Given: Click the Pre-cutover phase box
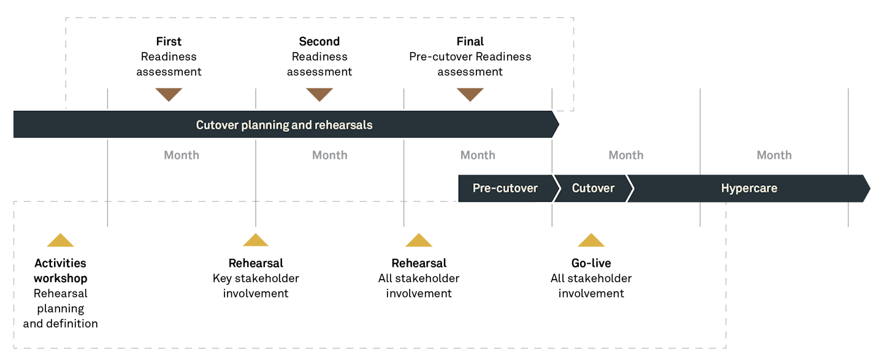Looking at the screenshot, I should point(505,188).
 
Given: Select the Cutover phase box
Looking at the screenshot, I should point(593,188).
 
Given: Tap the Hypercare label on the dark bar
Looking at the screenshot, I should point(749,188).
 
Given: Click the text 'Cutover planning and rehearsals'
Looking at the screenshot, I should point(284,125).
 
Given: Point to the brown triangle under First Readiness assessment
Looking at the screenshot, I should point(169,94).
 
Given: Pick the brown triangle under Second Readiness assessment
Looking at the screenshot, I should point(319,94).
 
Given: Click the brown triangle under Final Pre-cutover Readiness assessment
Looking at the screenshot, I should point(470,94).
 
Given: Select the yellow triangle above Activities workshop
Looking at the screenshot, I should point(60,241).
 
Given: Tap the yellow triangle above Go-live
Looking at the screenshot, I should point(591,241).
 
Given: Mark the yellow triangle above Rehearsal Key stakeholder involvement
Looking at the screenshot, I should point(256,240).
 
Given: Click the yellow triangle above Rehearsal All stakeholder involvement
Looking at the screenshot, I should point(419,241).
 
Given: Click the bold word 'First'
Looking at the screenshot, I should point(169,42).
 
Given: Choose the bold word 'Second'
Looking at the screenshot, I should point(319,42).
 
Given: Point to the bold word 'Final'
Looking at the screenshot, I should point(470,42).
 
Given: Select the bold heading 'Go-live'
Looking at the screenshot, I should point(591,263).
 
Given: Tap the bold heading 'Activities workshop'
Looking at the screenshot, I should point(60,270).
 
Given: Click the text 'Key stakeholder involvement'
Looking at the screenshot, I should point(256,286).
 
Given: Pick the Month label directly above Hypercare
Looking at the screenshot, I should point(774,155).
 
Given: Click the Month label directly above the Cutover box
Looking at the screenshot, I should point(625,155).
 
